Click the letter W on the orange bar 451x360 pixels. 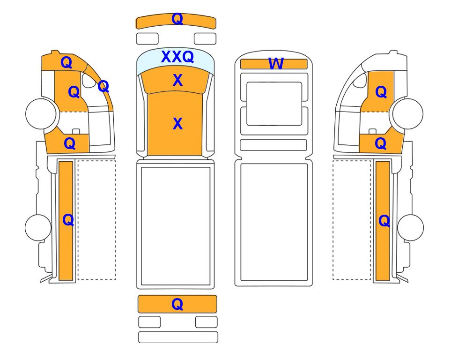276,64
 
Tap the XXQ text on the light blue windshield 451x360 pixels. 177,57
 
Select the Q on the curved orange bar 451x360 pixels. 177,19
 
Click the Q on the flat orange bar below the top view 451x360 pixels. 177,304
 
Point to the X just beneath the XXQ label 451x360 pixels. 178,80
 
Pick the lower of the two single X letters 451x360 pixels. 178,124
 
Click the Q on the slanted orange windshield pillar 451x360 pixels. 104,86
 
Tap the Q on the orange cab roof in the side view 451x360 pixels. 67,62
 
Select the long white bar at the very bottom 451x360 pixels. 178,337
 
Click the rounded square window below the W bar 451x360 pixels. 274,104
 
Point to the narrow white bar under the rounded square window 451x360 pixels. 273,145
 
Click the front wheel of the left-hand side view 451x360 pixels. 41,113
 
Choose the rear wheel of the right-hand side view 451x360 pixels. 410,227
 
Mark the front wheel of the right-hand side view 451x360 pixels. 408,114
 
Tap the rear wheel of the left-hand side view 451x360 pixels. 38,227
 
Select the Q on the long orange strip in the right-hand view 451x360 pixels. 384,221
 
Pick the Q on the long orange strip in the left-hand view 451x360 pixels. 68,220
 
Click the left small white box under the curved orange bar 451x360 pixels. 147,39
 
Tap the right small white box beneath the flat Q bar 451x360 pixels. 206,322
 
